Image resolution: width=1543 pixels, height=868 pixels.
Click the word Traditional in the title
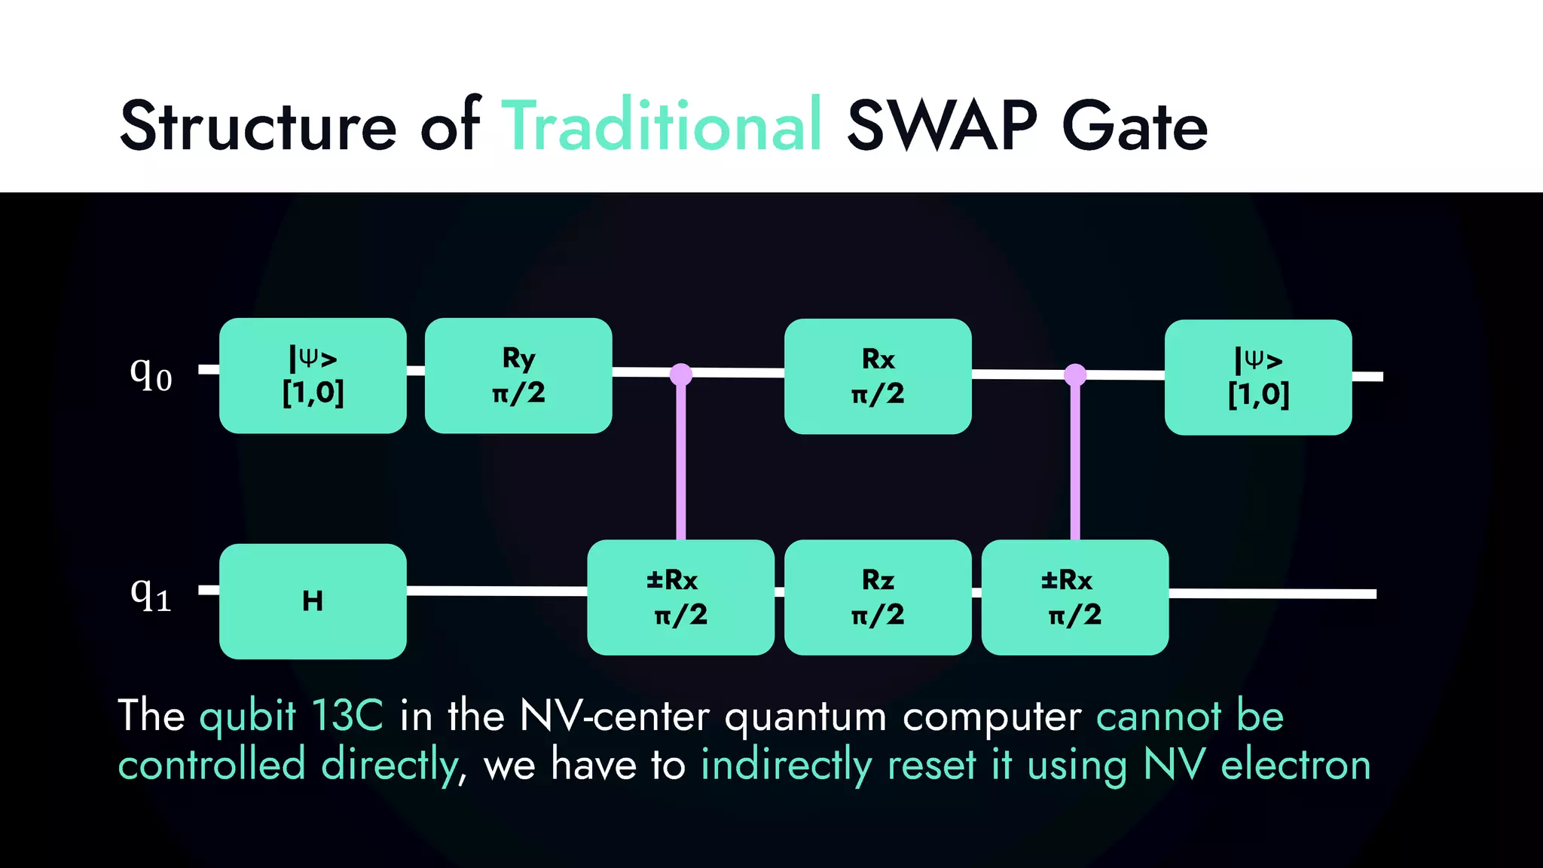(x=662, y=126)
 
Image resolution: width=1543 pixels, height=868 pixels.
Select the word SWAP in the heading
(x=942, y=126)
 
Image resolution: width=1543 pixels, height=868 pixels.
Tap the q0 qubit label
(x=151, y=373)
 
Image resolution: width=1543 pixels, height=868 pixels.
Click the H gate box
(x=313, y=601)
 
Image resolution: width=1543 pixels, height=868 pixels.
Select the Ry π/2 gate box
(x=518, y=375)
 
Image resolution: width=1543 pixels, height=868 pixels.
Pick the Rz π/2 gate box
(x=878, y=598)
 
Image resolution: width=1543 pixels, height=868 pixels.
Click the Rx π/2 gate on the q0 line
(x=878, y=376)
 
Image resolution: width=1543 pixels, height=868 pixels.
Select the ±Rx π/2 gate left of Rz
(x=680, y=598)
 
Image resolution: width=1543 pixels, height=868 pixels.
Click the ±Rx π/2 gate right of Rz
(x=1074, y=598)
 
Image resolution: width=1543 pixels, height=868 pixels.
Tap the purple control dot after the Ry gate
(x=681, y=374)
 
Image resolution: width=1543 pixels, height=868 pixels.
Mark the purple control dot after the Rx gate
(x=1075, y=374)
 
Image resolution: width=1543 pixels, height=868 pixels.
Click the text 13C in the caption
(x=347, y=715)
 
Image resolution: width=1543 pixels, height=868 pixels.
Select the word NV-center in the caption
(x=614, y=715)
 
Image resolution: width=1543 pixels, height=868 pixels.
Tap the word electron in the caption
(x=1295, y=765)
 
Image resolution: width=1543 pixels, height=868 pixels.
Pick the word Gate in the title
(x=1134, y=126)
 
